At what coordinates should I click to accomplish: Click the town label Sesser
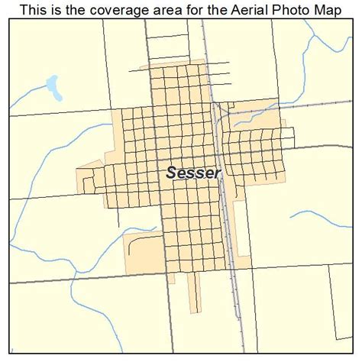pyautogui.click(x=193, y=173)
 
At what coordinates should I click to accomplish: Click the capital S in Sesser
pyautogui.click(x=171, y=173)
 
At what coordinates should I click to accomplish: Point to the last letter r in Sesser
pyautogui.click(x=218, y=174)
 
